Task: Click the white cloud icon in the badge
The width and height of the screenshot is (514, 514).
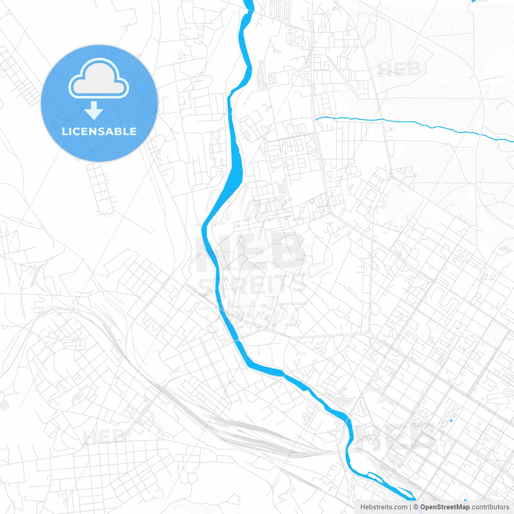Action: [99, 79]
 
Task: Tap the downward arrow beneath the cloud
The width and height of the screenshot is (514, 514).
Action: [94, 110]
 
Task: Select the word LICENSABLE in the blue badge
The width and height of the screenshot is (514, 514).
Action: [99, 131]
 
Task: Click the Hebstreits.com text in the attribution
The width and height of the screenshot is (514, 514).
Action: [383, 507]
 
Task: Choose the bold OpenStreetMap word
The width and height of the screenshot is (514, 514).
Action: [445, 507]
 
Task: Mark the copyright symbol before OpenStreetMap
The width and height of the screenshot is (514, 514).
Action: [416, 507]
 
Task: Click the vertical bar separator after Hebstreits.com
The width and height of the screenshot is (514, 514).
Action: [410, 507]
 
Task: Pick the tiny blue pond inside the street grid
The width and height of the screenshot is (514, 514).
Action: [451, 420]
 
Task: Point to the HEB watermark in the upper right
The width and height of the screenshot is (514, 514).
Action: [399, 70]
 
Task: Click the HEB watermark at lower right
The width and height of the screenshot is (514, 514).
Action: [396, 438]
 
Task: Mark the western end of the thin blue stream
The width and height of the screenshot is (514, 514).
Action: [316, 118]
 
